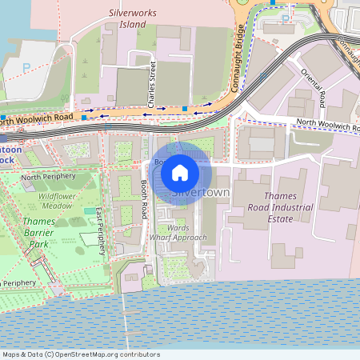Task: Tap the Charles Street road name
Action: tap(150, 84)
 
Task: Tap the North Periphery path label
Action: tap(48, 177)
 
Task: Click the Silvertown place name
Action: tap(200, 194)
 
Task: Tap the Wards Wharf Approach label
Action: tap(178, 232)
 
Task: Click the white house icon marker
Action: tap(180, 173)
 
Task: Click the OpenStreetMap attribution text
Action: tap(80, 354)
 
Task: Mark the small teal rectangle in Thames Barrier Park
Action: tap(89, 210)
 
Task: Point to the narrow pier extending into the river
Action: tap(124, 312)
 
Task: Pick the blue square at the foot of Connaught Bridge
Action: tap(185, 107)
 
